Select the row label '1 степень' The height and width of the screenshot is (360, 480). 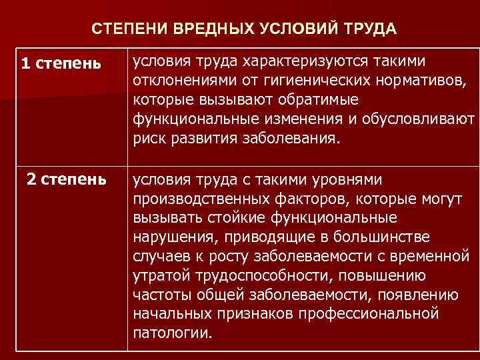(61, 64)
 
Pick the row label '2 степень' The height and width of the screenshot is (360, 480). (66, 179)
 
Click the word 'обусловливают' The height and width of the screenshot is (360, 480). (413, 120)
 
